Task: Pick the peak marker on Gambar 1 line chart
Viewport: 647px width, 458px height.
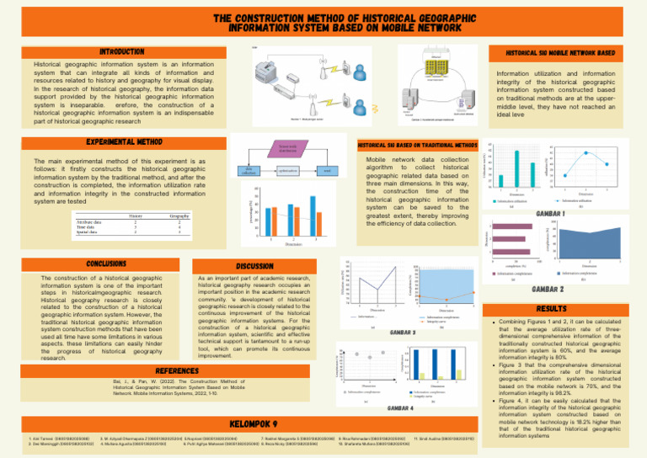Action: pyautogui.click(x=586, y=152)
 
